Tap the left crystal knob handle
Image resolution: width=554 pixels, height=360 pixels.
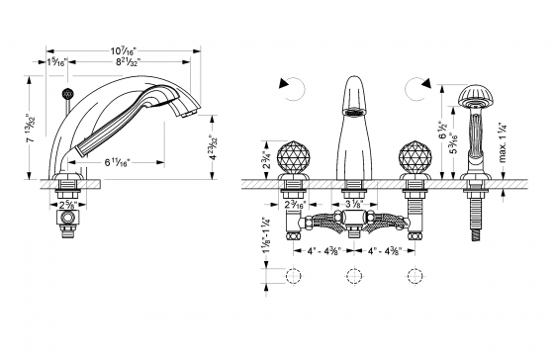click(294, 158)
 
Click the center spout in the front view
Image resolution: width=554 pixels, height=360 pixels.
click(352, 119)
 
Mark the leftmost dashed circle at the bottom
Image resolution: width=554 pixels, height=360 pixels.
click(293, 277)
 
